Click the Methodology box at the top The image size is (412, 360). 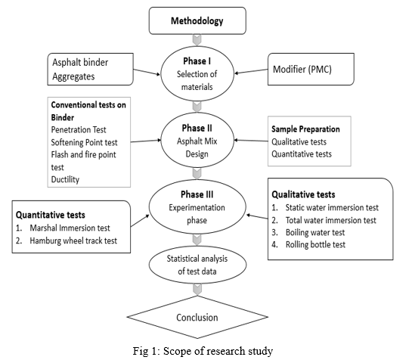point(197,20)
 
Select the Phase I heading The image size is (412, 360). point(197,61)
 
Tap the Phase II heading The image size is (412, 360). point(197,128)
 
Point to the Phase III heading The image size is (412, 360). point(197,194)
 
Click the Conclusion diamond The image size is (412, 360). point(197,317)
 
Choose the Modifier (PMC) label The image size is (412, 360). point(302,70)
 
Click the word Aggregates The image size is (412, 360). point(73,76)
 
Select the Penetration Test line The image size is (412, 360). point(79,129)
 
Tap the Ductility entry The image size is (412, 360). point(65,179)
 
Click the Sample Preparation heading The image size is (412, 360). point(305,129)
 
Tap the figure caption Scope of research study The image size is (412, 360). point(203,351)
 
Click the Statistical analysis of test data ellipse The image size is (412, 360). point(197,265)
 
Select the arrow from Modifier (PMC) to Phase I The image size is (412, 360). point(251,71)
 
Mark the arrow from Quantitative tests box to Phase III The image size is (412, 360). point(140,221)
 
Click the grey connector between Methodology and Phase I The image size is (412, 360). point(197,40)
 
